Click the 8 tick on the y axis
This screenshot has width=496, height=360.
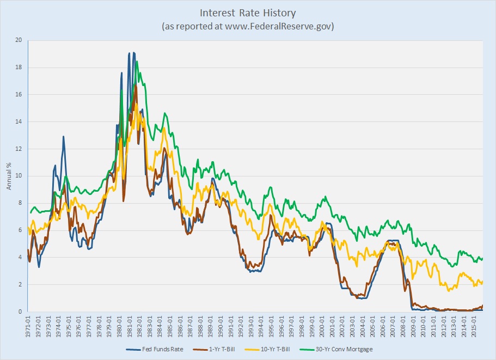pos(20,203)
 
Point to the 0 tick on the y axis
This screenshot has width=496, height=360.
pos(20,312)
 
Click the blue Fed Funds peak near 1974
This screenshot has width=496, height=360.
pos(63,137)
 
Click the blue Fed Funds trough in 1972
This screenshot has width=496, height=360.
pos(39,266)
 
